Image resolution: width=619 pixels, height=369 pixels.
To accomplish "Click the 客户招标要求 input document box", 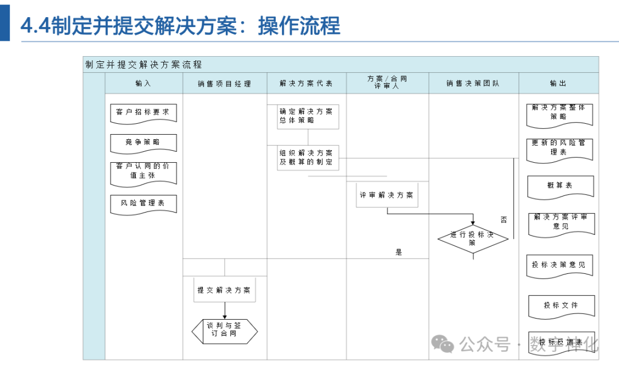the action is point(143,113).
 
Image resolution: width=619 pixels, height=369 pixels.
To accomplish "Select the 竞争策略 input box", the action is point(143,143).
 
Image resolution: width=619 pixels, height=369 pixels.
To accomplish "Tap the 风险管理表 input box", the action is point(143,204).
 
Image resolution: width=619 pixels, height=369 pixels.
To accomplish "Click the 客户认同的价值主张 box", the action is point(143,172).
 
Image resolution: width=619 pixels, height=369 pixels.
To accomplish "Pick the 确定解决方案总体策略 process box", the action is point(308,116).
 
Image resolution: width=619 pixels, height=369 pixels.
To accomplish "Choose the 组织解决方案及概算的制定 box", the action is point(308,158).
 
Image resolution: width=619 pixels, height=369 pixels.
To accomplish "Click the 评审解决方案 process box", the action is point(387,195).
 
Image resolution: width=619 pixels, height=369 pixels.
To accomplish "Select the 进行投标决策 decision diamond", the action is point(473,239).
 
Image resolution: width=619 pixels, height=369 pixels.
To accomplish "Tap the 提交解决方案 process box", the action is point(224,291).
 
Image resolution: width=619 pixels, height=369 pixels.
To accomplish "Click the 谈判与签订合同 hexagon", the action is point(224,331).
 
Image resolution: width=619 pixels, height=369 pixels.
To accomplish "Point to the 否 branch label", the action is point(503,220).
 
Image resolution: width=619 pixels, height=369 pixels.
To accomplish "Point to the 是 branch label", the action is point(399,252).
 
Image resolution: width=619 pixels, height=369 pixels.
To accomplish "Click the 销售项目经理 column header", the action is point(224,84).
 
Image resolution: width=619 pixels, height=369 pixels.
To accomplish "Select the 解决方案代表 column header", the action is point(306,84).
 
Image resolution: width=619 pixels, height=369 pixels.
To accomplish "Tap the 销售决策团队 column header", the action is point(473,84).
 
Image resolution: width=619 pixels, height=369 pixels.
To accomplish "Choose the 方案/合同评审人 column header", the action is point(387,83).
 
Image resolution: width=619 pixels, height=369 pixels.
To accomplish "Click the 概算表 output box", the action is point(560,186).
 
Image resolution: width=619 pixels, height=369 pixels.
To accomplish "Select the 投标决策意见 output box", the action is point(560,266).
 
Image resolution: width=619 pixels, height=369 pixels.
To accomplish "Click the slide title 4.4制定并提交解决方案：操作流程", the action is point(180,26).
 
